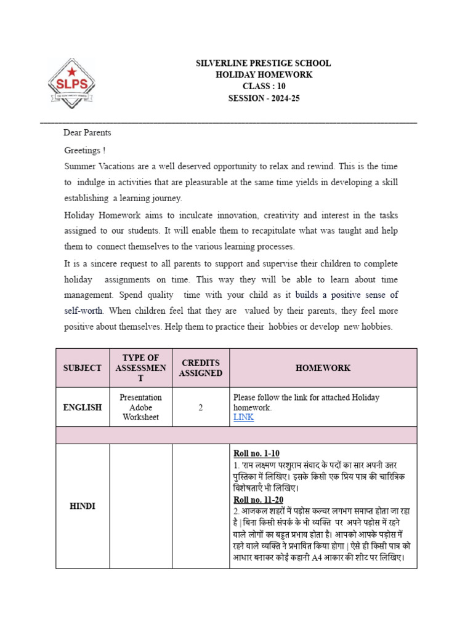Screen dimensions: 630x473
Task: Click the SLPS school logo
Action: point(71,83)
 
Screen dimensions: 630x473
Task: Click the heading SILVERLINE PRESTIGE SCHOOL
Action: point(263,63)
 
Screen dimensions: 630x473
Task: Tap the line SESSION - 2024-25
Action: point(264,98)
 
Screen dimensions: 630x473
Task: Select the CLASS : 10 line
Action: point(264,86)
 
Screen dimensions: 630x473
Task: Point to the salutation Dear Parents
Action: point(87,133)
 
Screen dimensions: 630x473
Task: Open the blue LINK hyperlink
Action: point(243,417)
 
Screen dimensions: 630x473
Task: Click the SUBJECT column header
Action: point(83,368)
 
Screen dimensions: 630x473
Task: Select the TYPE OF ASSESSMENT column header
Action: point(140,368)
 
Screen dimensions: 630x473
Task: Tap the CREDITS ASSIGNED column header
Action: point(200,368)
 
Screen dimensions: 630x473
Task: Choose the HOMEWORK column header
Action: point(323,368)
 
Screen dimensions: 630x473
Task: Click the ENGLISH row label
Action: point(83,407)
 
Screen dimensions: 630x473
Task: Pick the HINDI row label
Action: point(83,506)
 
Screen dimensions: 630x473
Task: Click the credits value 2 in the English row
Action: point(200,407)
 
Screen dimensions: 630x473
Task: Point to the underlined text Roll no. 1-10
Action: point(256,453)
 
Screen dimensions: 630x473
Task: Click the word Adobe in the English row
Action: point(140,407)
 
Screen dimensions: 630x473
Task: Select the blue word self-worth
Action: point(84,311)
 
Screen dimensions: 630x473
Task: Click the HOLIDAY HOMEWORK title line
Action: point(264,74)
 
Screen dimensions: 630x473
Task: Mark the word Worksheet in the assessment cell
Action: point(140,417)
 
